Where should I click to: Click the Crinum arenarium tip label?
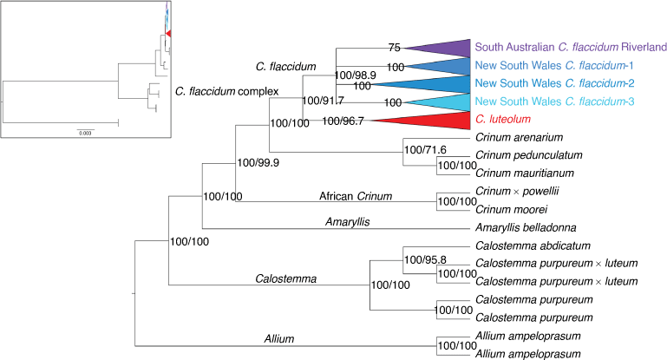[519, 137]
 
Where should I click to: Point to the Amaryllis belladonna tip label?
[526, 227]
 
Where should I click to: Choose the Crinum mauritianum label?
[525, 173]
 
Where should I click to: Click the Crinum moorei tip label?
[512, 209]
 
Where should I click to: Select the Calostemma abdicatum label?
[533, 245]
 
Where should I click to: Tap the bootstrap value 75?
[395, 48]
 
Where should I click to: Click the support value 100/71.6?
[425, 150]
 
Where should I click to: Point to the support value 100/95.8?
[425, 259]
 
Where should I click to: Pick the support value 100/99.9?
[258, 162]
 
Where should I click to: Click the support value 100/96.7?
[343, 121]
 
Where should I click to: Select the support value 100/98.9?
[356, 75]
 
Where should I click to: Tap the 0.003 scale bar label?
[85, 134]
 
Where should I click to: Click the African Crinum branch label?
[356, 196]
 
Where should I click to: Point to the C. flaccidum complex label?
[226, 91]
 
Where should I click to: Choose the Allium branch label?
[279, 338]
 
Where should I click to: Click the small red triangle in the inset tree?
[168, 33]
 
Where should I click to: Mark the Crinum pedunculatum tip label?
[529, 155]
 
